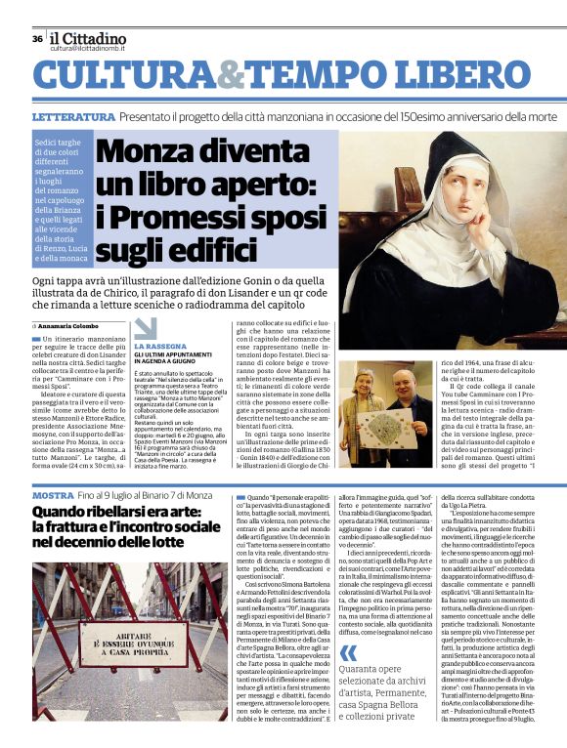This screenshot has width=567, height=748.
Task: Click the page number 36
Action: (37, 39)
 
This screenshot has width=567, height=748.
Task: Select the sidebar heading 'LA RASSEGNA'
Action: (157, 346)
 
